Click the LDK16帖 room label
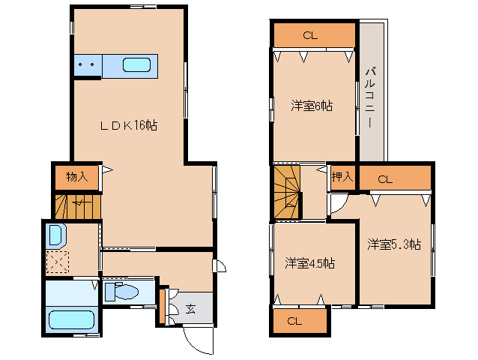129,125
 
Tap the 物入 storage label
77,176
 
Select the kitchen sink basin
136,65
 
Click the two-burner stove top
88,65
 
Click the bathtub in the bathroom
71,319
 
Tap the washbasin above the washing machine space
56,235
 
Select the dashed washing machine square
57,262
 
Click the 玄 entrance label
190,309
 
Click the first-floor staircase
78,206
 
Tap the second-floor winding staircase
286,192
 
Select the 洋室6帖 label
312,106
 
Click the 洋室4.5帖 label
309,263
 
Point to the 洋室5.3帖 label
394,244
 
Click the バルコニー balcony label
370,97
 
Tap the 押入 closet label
342,176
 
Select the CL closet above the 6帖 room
315,35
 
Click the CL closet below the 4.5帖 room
300,321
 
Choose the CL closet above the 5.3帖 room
395,178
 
